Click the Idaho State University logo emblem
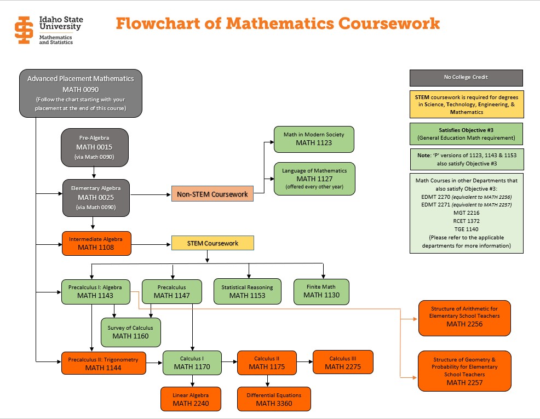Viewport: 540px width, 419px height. (x=24, y=30)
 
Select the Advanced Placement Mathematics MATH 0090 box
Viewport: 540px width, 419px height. (x=81, y=93)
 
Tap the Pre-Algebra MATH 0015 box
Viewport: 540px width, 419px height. (x=94, y=147)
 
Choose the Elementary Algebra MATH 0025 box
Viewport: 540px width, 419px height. (x=95, y=197)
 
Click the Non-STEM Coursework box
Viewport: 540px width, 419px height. (x=212, y=194)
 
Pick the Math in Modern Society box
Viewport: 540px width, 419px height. (x=314, y=139)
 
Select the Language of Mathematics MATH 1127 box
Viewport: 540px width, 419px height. (x=314, y=179)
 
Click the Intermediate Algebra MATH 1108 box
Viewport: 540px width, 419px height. (x=96, y=243)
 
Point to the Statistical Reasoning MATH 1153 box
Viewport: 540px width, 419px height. (x=247, y=291)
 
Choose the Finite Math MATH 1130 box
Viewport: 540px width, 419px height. (x=321, y=291)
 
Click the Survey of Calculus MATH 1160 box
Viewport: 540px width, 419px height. (x=130, y=332)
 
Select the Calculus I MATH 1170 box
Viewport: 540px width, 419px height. (x=192, y=363)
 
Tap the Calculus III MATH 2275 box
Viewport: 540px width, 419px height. (x=342, y=363)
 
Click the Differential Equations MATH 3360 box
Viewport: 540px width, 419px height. (x=273, y=399)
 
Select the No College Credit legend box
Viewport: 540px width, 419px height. (x=466, y=77)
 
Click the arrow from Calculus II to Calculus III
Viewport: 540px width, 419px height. (x=305, y=363)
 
